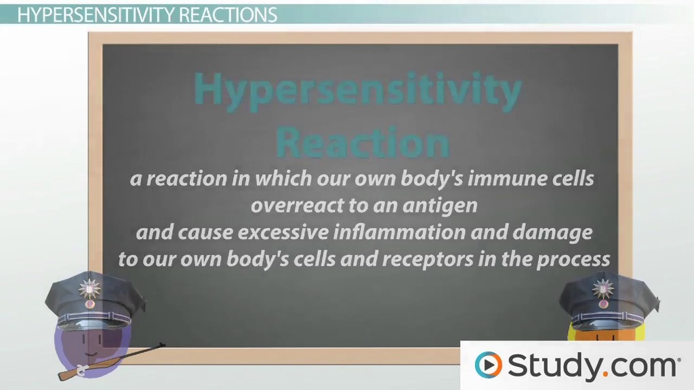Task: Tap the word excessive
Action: click(253, 233)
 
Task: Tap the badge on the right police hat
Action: click(600, 287)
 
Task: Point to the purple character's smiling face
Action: click(85, 339)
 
